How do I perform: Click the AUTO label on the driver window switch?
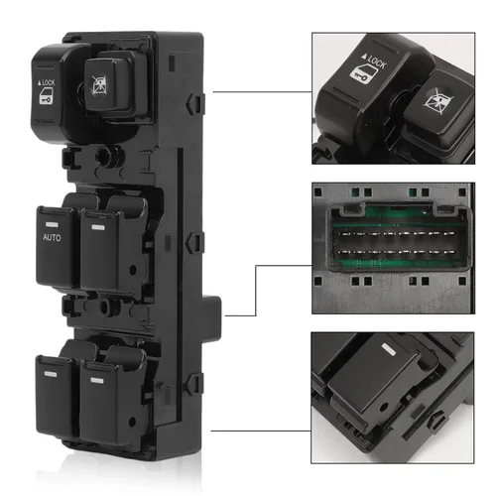pyautogui.click(x=53, y=238)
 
